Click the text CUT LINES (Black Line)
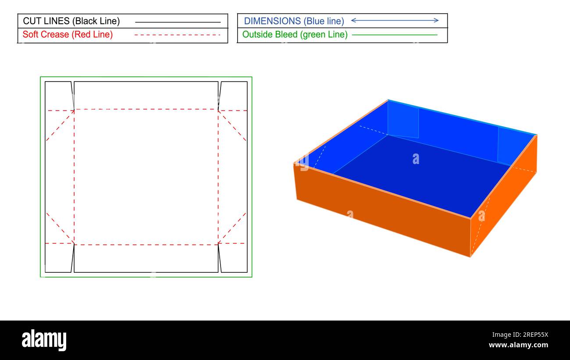tap(71, 21)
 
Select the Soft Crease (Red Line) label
tap(68, 35)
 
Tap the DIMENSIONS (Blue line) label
tap(294, 21)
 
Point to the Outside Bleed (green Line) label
tap(295, 35)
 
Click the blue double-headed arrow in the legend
tap(395, 20)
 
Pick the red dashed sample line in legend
tap(177, 35)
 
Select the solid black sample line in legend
tap(177, 22)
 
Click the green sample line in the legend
tap(395, 35)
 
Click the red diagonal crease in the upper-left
tap(60, 125)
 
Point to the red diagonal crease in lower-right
tap(232, 227)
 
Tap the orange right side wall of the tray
tap(504, 193)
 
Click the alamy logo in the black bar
tap(44, 340)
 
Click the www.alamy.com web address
tap(518, 345)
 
